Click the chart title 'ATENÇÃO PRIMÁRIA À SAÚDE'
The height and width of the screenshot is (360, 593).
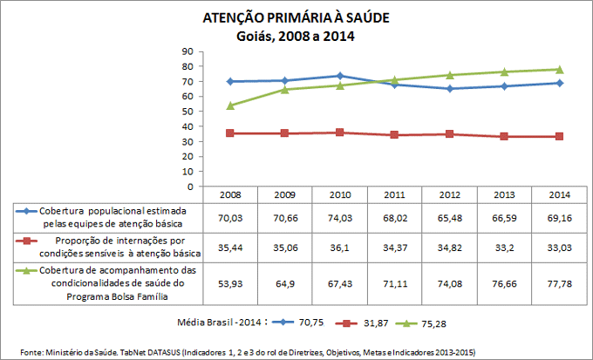pyautogui.click(x=296, y=17)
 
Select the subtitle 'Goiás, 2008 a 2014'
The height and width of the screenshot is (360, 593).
pyautogui.click(x=296, y=36)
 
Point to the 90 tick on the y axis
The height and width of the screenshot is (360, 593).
pyautogui.click(x=187, y=51)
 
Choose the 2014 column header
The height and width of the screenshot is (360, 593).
pyautogui.click(x=559, y=194)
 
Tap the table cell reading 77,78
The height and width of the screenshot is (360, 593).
pyautogui.click(x=559, y=283)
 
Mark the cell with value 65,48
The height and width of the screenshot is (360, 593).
pyautogui.click(x=451, y=217)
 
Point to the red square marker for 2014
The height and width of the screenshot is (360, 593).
pyautogui.click(x=559, y=137)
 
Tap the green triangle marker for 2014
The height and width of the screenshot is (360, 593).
pyautogui.click(x=559, y=70)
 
